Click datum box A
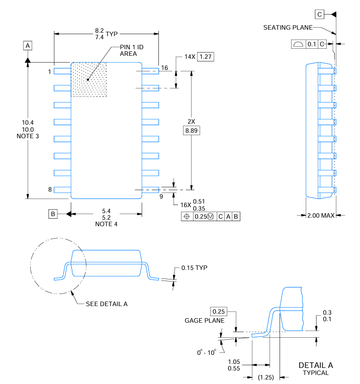(28, 46)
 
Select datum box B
(53, 214)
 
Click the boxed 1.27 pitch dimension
(206, 56)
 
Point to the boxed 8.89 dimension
(192, 131)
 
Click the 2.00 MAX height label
(321, 215)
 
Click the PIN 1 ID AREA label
(132, 50)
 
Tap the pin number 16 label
(164, 68)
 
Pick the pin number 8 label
(50, 189)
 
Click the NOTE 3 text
(28, 136)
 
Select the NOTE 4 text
(106, 224)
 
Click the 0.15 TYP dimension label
(195, 267)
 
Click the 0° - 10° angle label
(207, 352)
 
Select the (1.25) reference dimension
(265, 377)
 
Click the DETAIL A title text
(315, 365)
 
